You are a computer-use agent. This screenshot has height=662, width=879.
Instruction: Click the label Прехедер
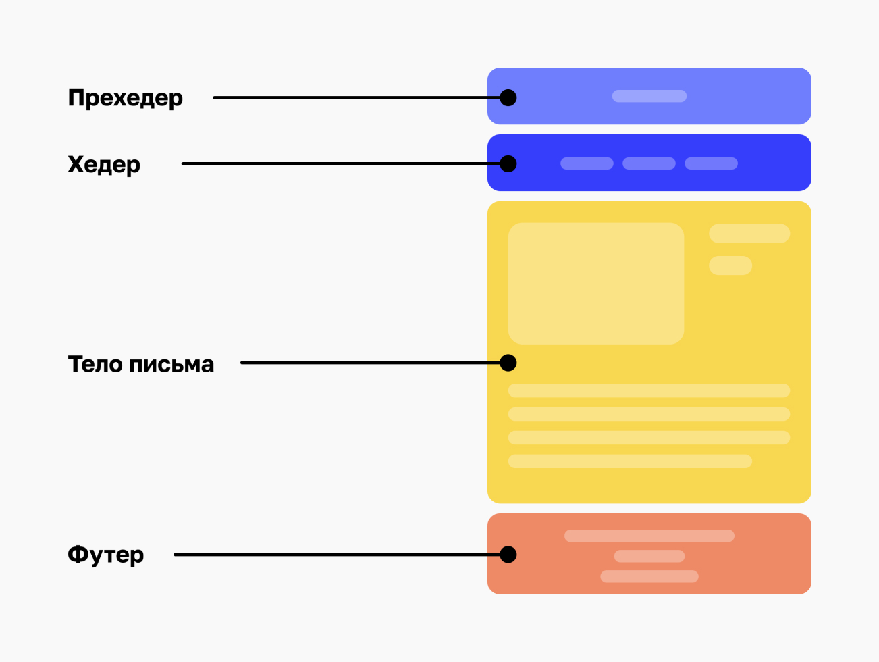[x=126, y=98]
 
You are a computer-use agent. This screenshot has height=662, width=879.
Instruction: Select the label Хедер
[x=104, y=165]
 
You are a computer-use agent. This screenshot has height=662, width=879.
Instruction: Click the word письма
[x=171, y=365]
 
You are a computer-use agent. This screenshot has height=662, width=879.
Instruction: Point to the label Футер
[x=106, y=555]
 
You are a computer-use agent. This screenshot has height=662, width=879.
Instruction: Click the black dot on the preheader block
[x=508, y=98]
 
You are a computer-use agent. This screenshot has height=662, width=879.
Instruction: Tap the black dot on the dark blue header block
[x=508, y=164]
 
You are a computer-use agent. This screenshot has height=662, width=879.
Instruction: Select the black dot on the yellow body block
[x=508, y=363]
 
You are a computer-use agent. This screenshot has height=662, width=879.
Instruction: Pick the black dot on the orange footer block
[x=508, y=555]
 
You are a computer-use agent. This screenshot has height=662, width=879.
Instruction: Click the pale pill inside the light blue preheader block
[x=649, y=96]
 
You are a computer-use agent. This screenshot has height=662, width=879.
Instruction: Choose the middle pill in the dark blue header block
[x=649, y=163]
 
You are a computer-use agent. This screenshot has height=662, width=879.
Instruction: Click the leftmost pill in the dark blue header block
[x=587, y=163]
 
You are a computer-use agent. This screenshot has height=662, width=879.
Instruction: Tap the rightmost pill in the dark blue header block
[x=711, y=163]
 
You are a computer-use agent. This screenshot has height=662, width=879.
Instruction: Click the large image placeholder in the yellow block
[x=596, y=283]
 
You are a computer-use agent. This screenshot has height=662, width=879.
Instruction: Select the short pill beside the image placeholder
[x=730, y=265]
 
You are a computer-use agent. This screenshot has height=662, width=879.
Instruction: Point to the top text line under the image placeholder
[x=649, y=390]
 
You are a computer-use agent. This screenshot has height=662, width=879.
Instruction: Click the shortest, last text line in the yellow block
[x=630, y=461]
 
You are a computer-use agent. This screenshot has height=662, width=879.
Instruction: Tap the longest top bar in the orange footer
[x=649, y=536]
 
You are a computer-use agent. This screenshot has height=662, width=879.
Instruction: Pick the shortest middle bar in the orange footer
[x=649, y=556]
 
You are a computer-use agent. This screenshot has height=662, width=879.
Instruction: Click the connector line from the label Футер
[x=337, y=555]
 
